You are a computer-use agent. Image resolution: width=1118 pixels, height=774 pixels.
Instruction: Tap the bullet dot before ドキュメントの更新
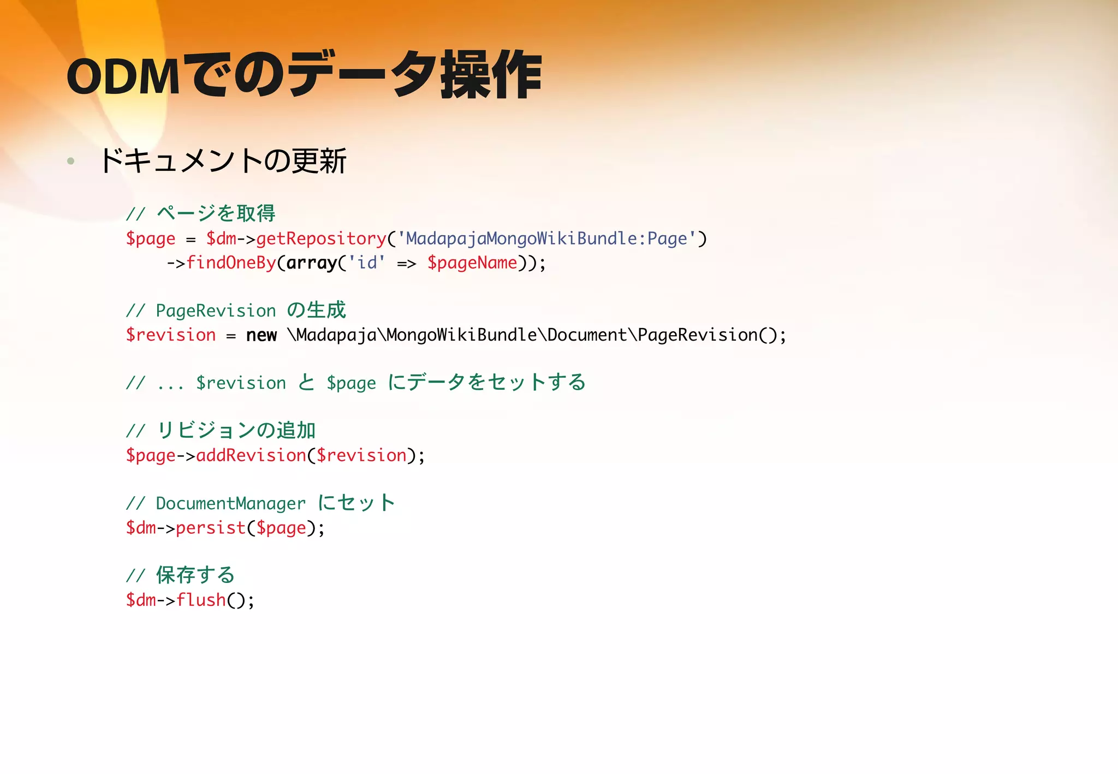[x=70, y=161]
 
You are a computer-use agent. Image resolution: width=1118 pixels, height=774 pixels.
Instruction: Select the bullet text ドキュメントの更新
[x=223, y=161]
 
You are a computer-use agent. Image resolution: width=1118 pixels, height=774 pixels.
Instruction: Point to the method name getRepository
[x=321, y=239]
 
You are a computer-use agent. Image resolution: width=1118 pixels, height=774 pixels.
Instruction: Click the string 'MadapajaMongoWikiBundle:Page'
[x=546, y=239]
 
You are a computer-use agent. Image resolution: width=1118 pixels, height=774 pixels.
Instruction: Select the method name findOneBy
[x=231, y=263]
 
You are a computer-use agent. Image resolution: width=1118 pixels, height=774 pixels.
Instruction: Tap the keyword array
[x=312, y=263]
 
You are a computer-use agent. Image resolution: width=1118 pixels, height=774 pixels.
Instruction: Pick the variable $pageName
[x=472, y=263]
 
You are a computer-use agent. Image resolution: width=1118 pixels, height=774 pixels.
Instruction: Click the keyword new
[x=261, y=335]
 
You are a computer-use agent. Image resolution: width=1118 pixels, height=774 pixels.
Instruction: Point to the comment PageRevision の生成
[x=251, y=311]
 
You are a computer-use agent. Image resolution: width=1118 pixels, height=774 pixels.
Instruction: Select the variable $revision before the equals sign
[x=171, y=335]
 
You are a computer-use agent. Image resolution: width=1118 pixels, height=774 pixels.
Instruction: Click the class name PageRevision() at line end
[x=707, y=335]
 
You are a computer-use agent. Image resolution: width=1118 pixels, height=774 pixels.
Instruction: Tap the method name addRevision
[x=251, y=455]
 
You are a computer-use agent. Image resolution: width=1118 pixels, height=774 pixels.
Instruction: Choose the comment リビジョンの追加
[x=236, y=431]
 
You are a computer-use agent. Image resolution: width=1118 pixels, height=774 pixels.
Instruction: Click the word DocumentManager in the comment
[x=230, y=503]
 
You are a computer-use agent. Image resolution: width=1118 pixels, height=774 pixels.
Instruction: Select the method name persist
[x=211, y=528]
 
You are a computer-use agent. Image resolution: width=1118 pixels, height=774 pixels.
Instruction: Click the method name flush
[x=201, y=600]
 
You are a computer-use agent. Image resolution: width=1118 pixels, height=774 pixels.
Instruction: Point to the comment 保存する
[x=195, y=575]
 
